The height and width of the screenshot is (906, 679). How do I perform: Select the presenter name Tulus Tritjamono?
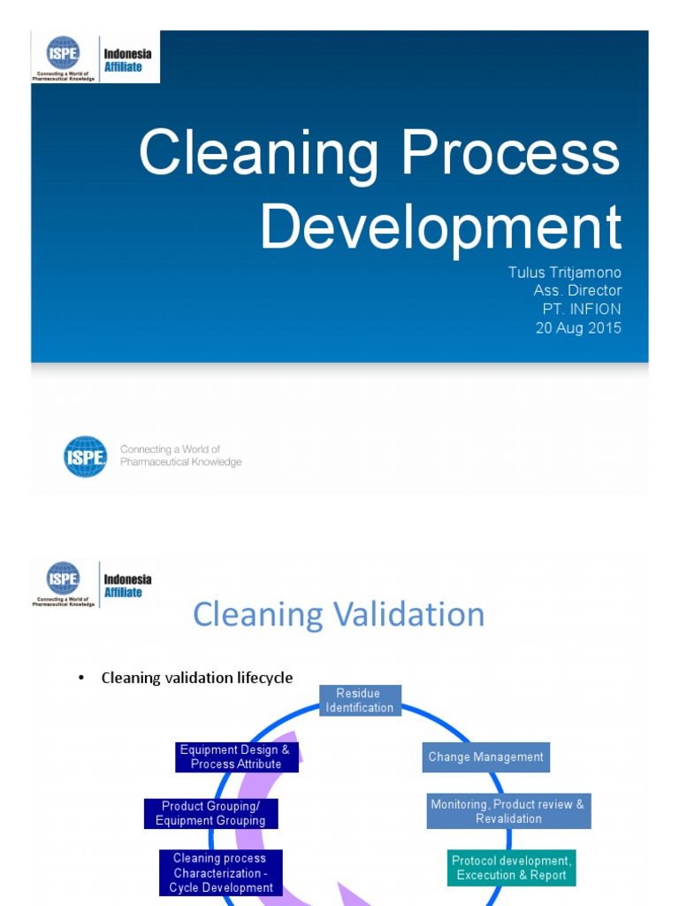coord(564,273)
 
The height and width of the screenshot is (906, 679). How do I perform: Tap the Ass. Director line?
coord(577,290)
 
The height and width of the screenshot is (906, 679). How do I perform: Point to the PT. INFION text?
coord(582,309)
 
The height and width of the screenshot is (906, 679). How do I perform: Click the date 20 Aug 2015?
coord(578,327)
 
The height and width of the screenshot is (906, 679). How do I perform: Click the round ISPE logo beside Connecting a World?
coord(86,457)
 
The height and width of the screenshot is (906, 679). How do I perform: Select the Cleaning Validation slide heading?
coord(339,614)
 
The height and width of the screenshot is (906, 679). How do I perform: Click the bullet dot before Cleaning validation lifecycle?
coord(80,679)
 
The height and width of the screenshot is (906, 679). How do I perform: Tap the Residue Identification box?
coord(360,700)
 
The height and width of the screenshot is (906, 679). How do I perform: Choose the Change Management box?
coord(485,757)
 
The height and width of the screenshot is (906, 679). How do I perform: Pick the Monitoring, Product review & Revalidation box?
coord(508,811)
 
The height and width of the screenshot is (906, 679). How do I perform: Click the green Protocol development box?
coord(511,868)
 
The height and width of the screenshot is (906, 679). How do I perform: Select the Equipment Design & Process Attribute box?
coord(235,756)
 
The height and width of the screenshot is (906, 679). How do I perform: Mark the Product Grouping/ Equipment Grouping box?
coord(210,813)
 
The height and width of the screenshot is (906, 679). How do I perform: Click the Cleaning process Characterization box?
coord(220,872)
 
